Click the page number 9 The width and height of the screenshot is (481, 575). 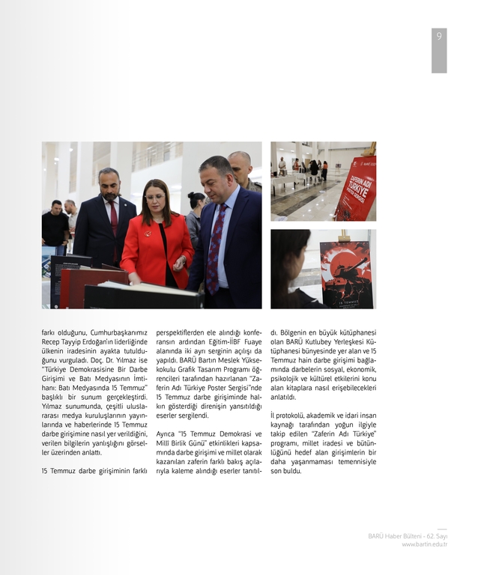pos(439,37)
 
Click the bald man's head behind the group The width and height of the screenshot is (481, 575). pos(240,162)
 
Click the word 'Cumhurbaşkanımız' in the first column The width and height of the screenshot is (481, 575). pos(115,332)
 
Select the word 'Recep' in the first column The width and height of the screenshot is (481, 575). pos(53,341)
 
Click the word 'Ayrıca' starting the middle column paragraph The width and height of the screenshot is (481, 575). pos(169,433)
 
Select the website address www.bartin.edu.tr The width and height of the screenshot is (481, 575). pos(424,544)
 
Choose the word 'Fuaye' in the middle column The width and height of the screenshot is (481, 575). pos(249,341)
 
